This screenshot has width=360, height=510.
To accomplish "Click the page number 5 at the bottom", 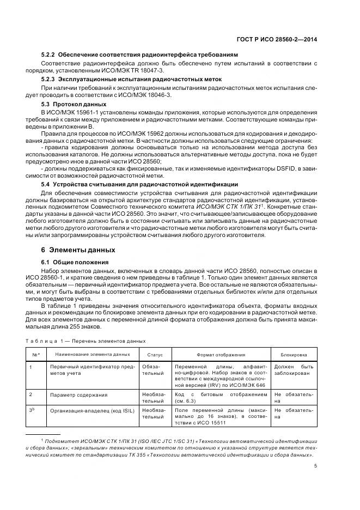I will pyautogui.click(x=316, y=465).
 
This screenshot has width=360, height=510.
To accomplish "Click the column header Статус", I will pyautogui.click(x=155, y=354).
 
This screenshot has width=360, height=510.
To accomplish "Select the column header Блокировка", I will pyautogui.click(x=294, y=354).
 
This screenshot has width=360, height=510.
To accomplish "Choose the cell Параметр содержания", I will pyautogui.click(x=78, y=394).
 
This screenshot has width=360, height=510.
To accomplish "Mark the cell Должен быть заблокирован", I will pyautogui.click(x=294, y=371).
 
